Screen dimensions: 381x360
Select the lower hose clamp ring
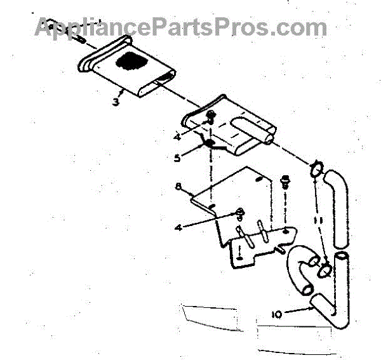[324, 269]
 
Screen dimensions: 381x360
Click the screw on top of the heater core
[210, 116]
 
